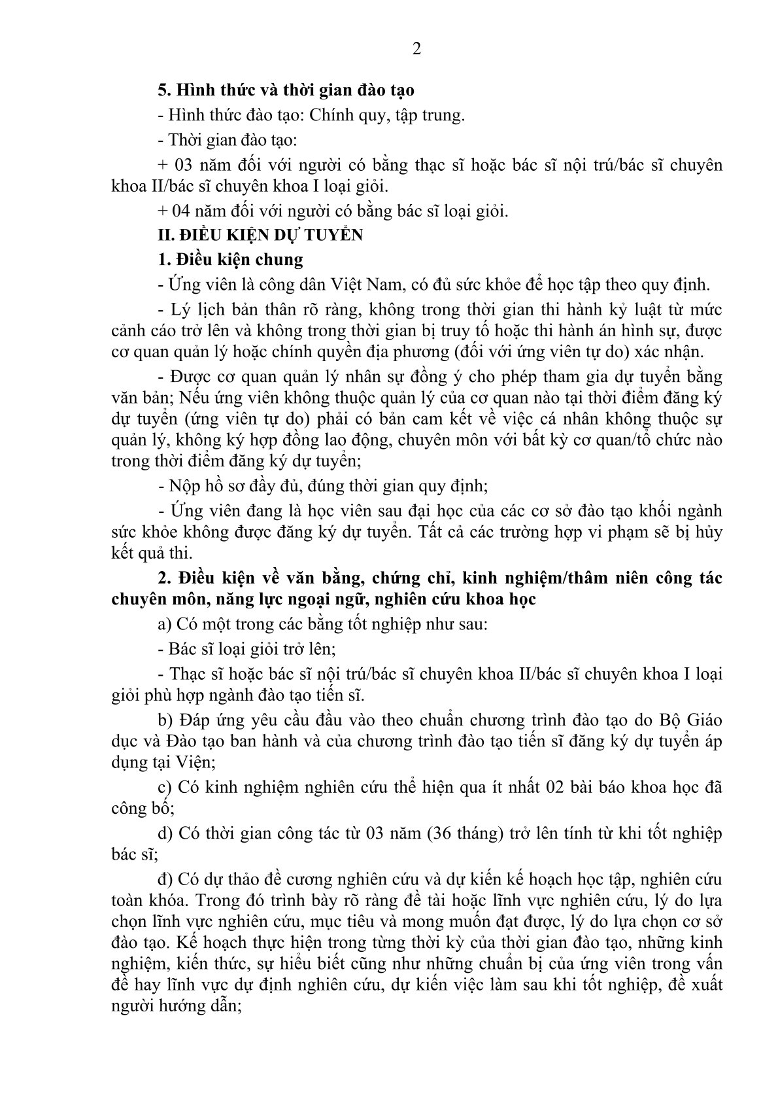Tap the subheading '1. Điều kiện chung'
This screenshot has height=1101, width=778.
point(231,259)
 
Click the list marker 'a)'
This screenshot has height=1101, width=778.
point(165,624)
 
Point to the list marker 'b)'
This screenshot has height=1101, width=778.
point(165,720)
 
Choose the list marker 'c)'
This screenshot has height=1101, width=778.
point(165,787)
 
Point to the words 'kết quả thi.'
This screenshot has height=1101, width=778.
point(152,553)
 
